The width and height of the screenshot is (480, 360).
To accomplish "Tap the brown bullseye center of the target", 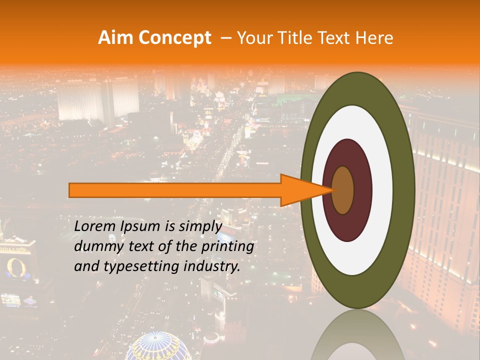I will pyautogui.click(x=343, y=190).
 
